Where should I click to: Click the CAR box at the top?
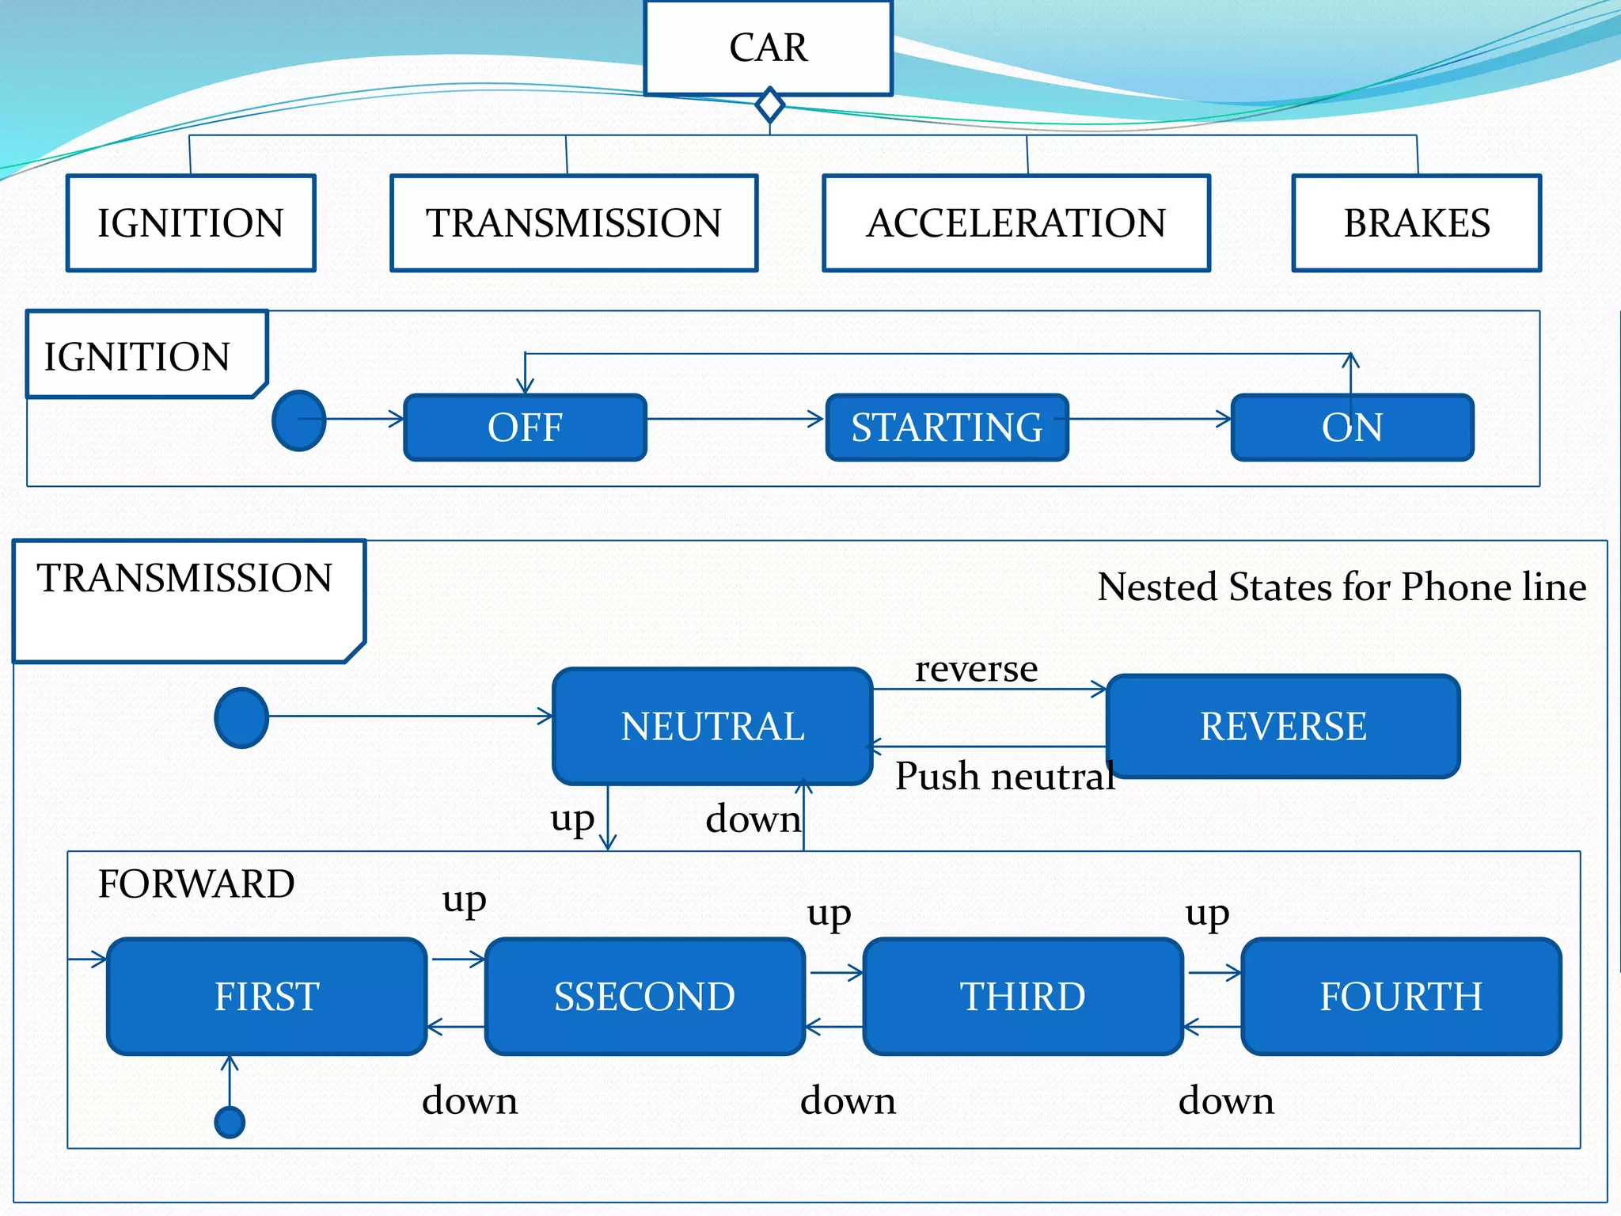click(x=768, y=47)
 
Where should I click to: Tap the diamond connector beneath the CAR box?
click(x=769, y=105)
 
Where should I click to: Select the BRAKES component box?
click(x=1416, y=223)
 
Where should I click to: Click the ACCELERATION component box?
click(x=1016, y=223)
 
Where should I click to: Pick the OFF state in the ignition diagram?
click(x=525, y=427)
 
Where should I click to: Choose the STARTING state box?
click(x=947, y=427)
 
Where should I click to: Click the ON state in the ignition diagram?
click(x=1352, y=427)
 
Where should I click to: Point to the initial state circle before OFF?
click(x=298, y=420)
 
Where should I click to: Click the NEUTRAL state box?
click(x=712, y=726)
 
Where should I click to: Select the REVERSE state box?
click(x=1282, y=726)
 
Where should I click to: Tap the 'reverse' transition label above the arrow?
click(x=976, y=669)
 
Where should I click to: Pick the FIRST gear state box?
click(x=267, y=996)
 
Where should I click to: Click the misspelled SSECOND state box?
click(x=644, y=996)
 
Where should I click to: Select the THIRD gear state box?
click(x=1023, y=996)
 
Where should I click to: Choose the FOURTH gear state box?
click(x=1400, y=996)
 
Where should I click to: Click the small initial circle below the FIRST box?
click(x=230, y=1122)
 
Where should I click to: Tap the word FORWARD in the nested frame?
click(x=196, y=883)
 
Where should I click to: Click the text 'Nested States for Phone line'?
click(x=1341, y=587)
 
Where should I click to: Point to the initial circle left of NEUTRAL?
click(x=241, y=717)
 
